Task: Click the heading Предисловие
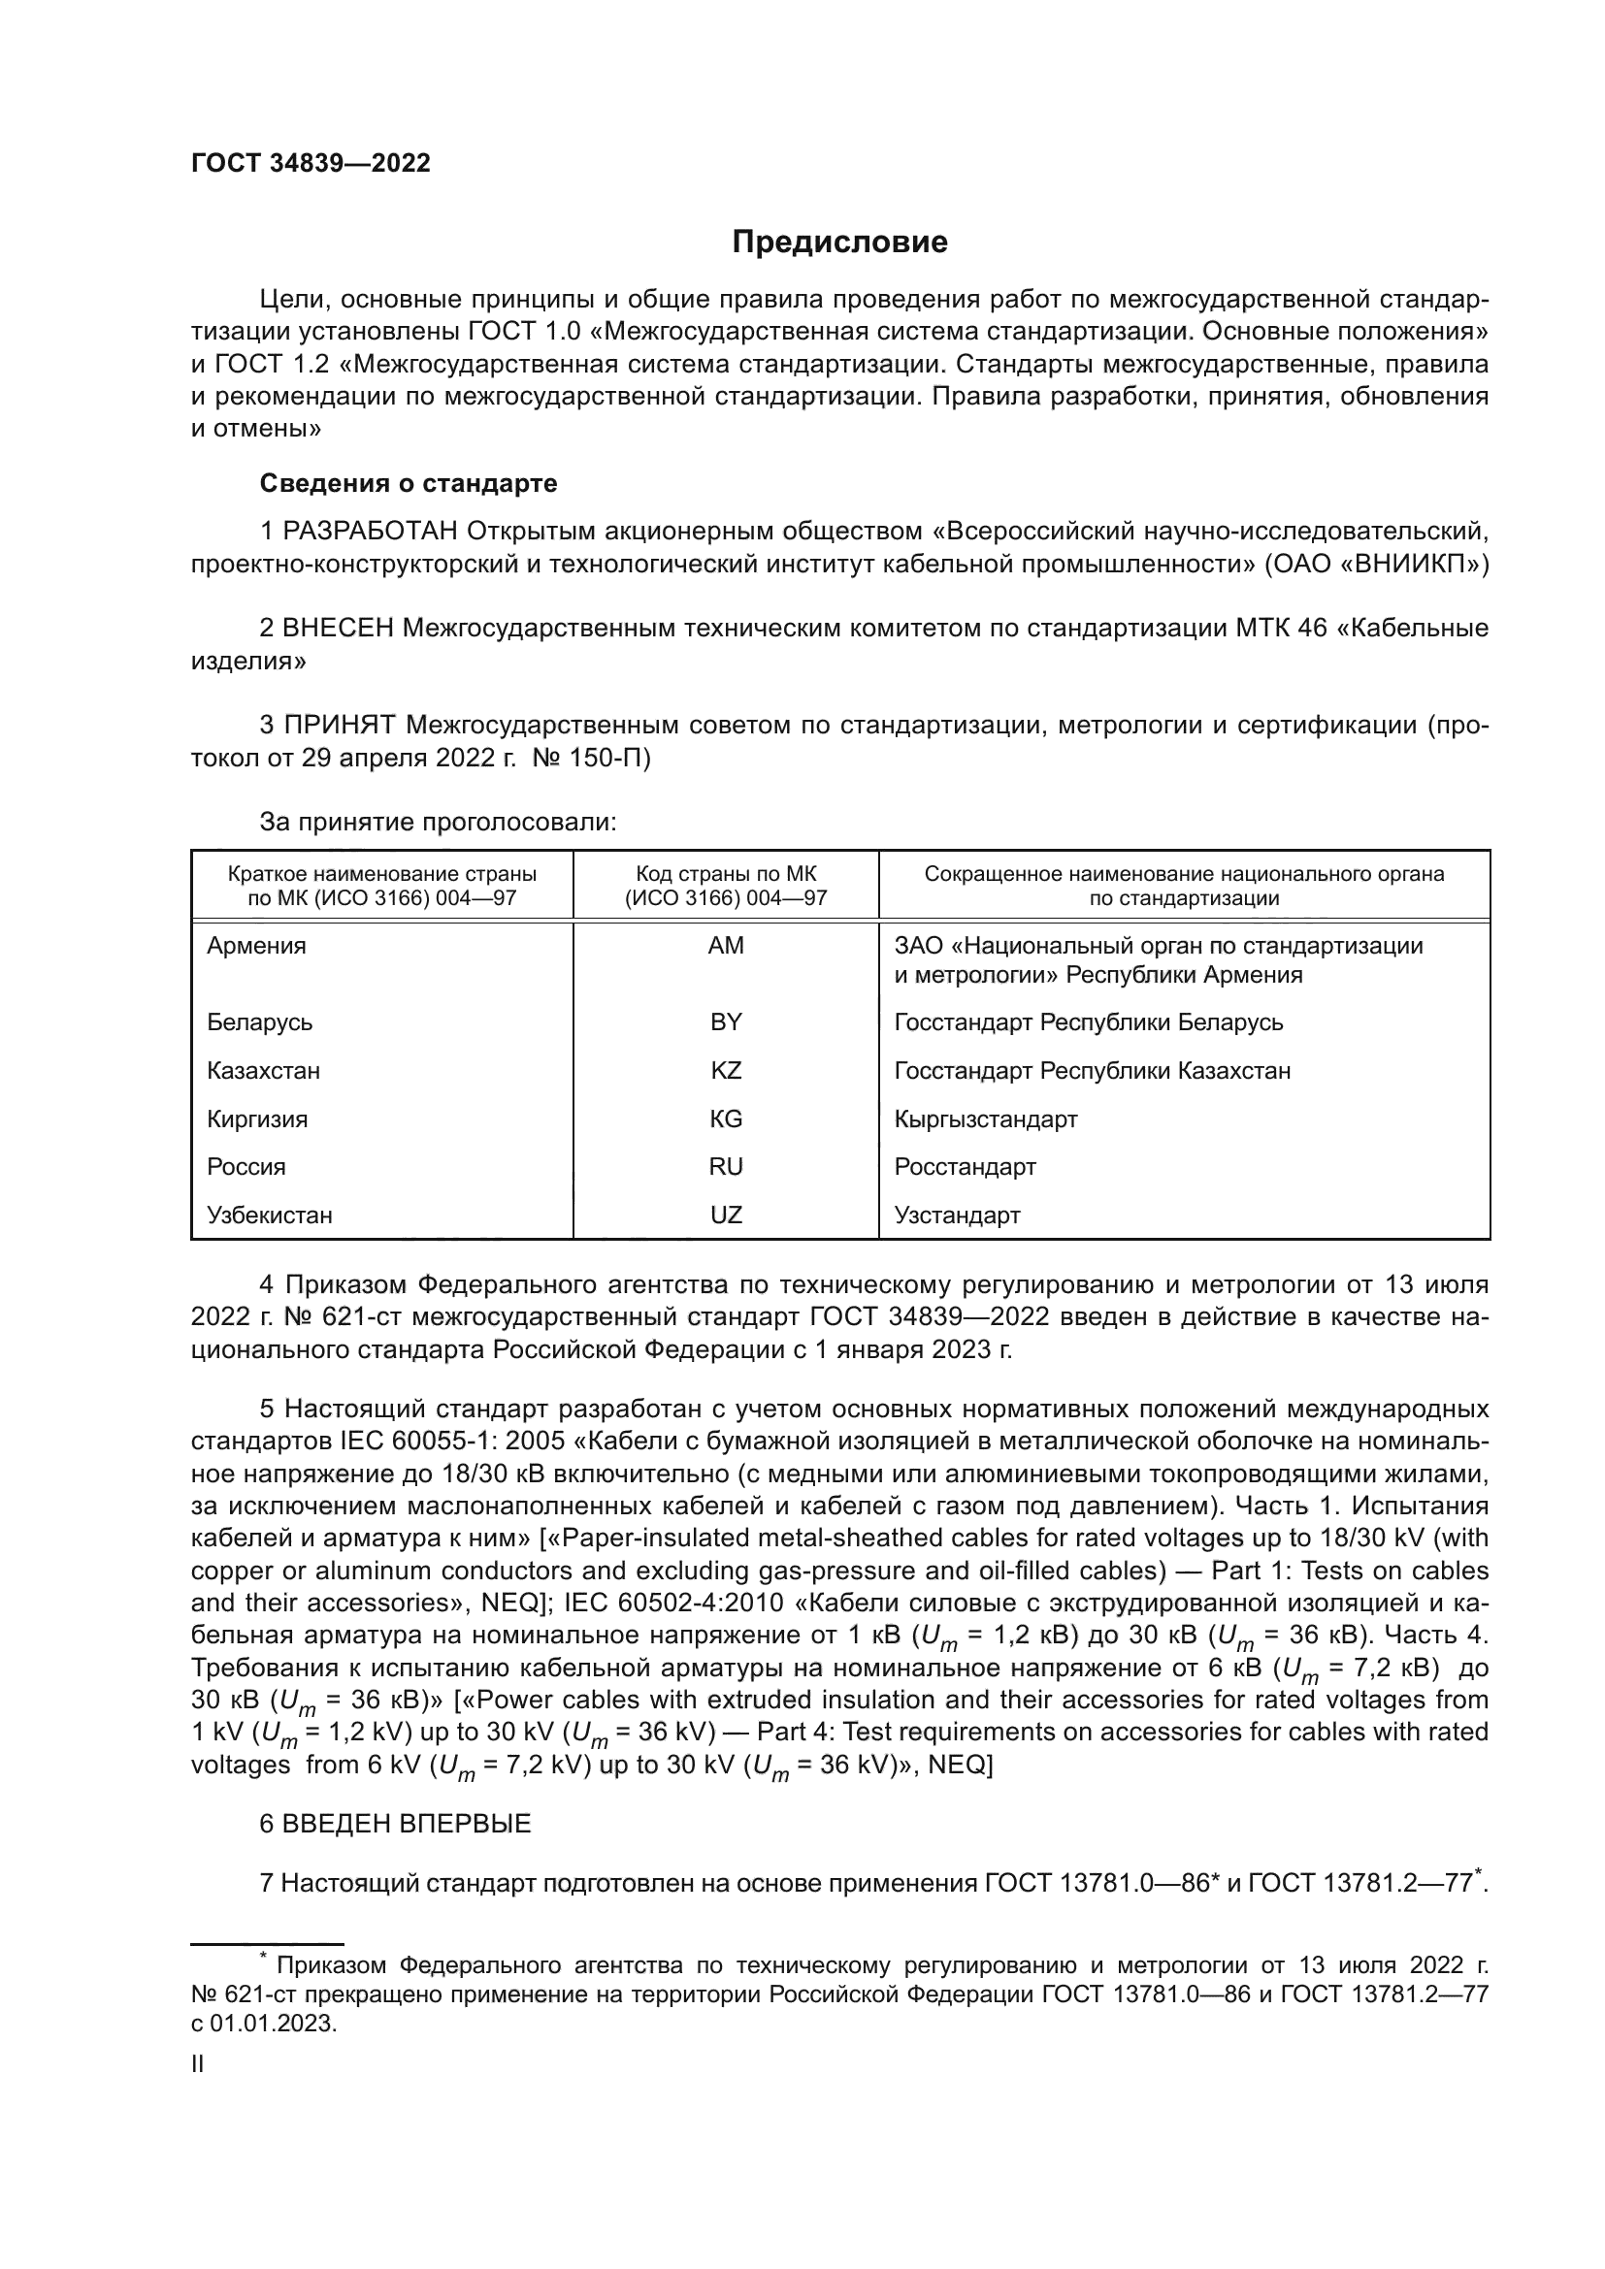coord(839,243)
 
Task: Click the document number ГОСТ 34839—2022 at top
coord(311,164)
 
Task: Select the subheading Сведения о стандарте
coord(409,483)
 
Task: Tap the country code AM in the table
coord(726,946)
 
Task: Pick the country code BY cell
coord(726,1021)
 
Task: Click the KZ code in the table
coord(726,1070)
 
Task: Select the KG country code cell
coord(726,1118)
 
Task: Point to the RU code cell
coord(726,1166)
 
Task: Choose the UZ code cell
coord(726,1215)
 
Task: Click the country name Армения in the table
coord(256,946)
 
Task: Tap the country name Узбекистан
coord(269,1215)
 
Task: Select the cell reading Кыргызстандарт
coord(985,1118)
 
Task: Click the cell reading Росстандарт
coord(965,1166)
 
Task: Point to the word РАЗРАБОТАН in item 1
coord(371,532)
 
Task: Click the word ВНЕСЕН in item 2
coord(338,629)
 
